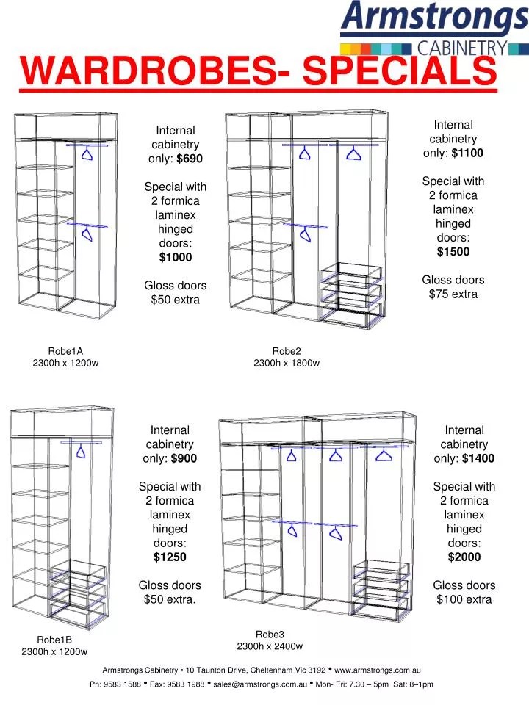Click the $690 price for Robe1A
[x=190, y=159]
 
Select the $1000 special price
[x=176, y=257]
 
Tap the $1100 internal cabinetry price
[x=468, y=153]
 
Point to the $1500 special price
[x=453, y=252]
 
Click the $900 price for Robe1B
[x=184, y=458]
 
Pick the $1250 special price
[x=170, y=557]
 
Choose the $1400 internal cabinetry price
[x=478, y=458]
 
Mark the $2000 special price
[x=464, y=557]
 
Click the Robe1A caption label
[x=65, y=351]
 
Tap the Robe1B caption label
[x=54, y=639]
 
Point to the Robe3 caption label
[x=270, y=634]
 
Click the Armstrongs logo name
[x=433, y=18]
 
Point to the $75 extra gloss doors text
[x=453, y=294]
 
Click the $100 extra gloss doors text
[x=464, y=599]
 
